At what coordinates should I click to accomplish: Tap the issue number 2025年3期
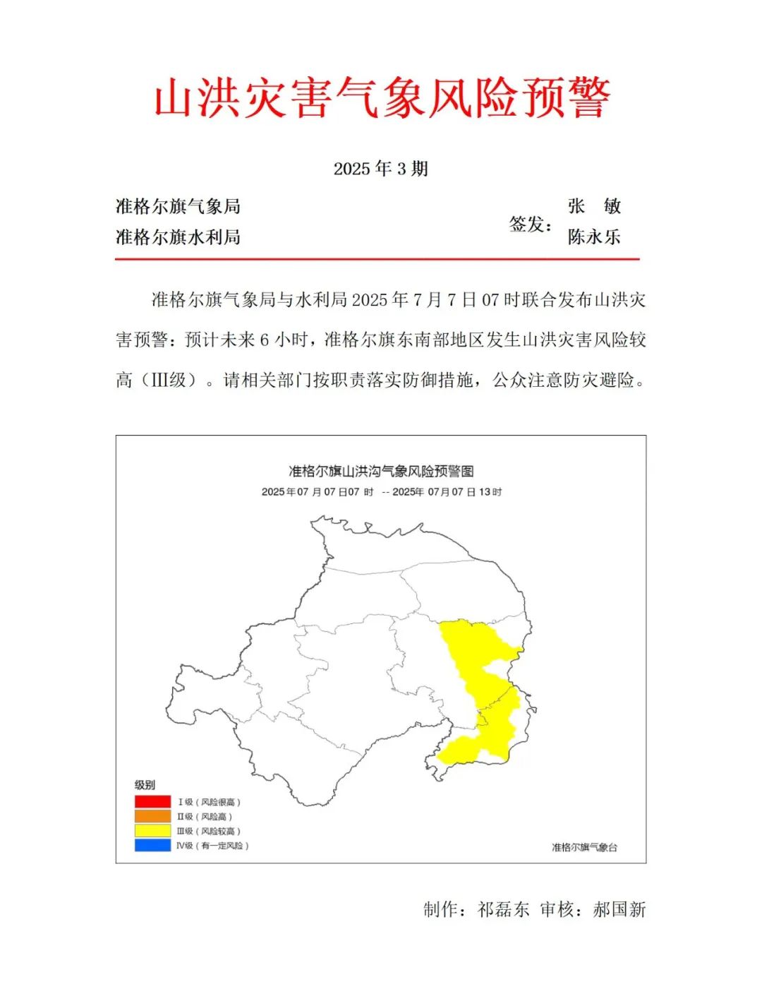click(381, 169)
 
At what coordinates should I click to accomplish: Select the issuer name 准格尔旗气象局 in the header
click(178, 206)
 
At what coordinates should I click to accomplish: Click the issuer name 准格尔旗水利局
click(178, 236)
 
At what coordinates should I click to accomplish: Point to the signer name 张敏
click(594, 206)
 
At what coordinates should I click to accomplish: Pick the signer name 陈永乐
click(594, 236)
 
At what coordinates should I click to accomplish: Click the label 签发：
click(531, 224)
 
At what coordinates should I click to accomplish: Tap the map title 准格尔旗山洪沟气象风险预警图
click(381, 471)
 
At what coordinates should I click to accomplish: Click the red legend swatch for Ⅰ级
click(152, 802)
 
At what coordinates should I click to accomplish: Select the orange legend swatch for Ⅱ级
click(152, 816)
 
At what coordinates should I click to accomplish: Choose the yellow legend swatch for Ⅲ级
click(152, 831)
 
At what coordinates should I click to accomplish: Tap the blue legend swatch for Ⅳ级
click(152, 845)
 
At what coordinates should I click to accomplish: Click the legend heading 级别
click(145, 785)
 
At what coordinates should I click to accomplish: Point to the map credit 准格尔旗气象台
click(584, 847)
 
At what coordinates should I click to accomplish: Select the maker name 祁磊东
click(503, 909)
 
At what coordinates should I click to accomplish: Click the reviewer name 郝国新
click(619, 909)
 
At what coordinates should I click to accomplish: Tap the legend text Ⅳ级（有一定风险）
click(212, 845)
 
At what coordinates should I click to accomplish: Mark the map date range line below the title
click(381, 492)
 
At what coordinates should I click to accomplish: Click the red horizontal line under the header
click(377, 259)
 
